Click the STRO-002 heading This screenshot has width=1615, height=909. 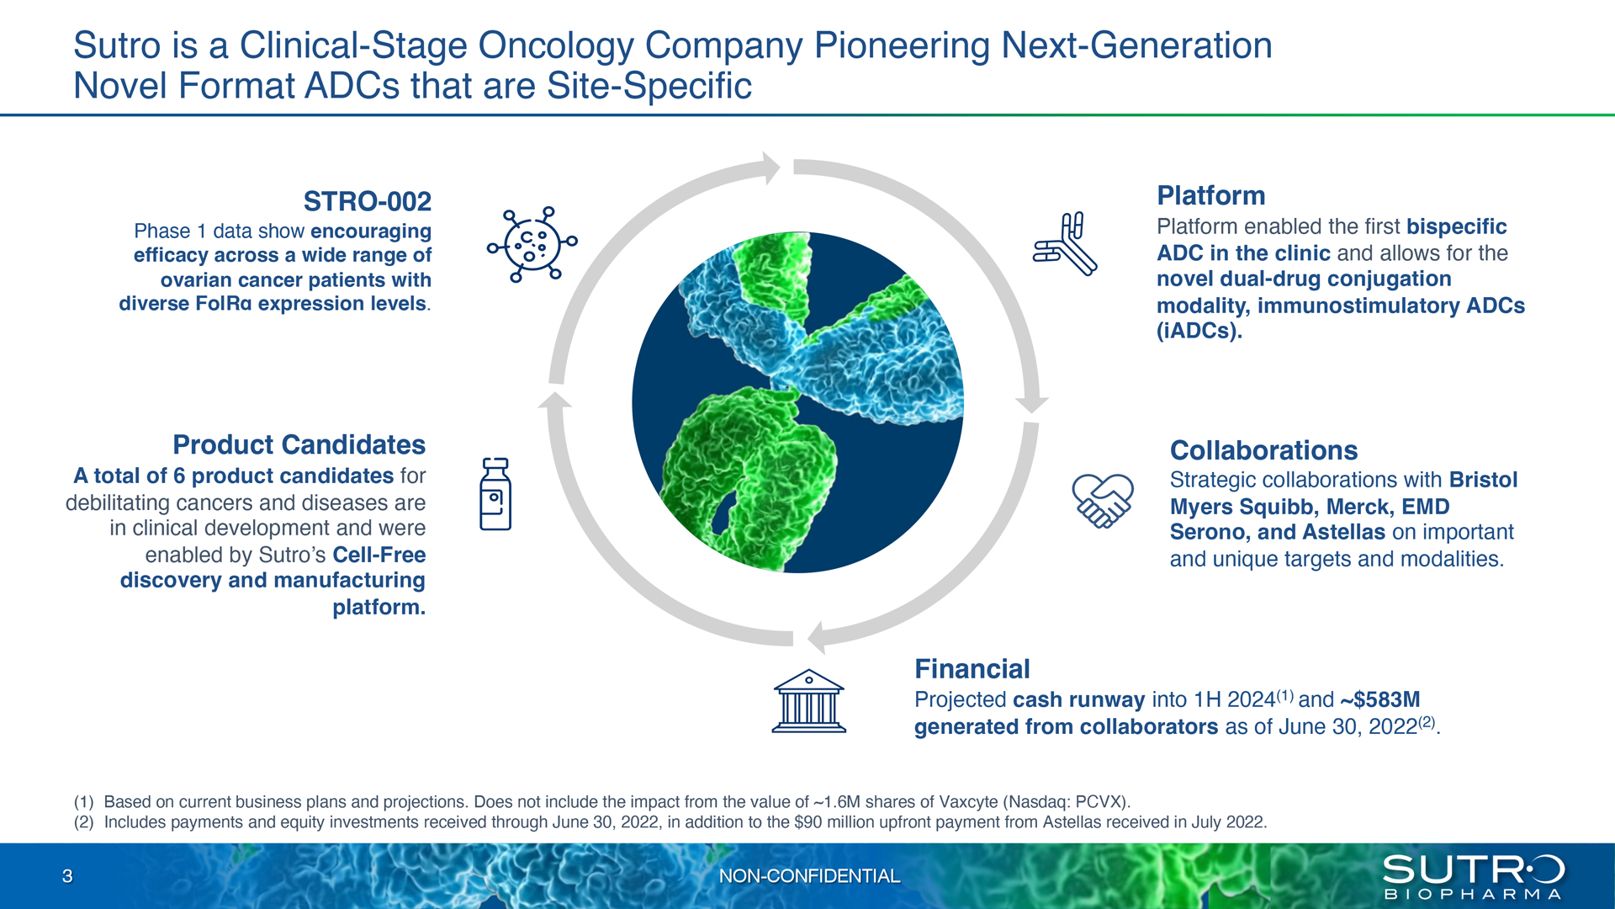tap(367, 201)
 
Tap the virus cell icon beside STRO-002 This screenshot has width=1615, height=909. tap(532, 244)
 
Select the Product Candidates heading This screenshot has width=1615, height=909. tap(299, 444)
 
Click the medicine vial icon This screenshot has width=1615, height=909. tap(495, 494)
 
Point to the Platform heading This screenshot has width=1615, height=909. tap(1211, 195)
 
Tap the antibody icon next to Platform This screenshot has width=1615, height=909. tap(1065, 243)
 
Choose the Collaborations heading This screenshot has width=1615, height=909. tap(1263, 450)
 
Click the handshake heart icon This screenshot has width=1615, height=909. tap(1102, 501)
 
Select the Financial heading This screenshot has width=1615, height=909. tap(972, 669)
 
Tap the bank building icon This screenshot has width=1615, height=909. tap(808, 701)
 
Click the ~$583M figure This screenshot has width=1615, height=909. tap(1380, 699)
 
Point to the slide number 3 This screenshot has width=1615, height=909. tap(67, 876)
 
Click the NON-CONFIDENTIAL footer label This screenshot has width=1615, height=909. tap(809, 876)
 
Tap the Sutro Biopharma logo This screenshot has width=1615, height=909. tap(1473, 877)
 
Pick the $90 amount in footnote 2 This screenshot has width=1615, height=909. tap(806, 822)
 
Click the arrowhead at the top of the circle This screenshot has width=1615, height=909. tap(770, 167)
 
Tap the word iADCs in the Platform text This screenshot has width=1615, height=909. tap(1199, 331)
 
